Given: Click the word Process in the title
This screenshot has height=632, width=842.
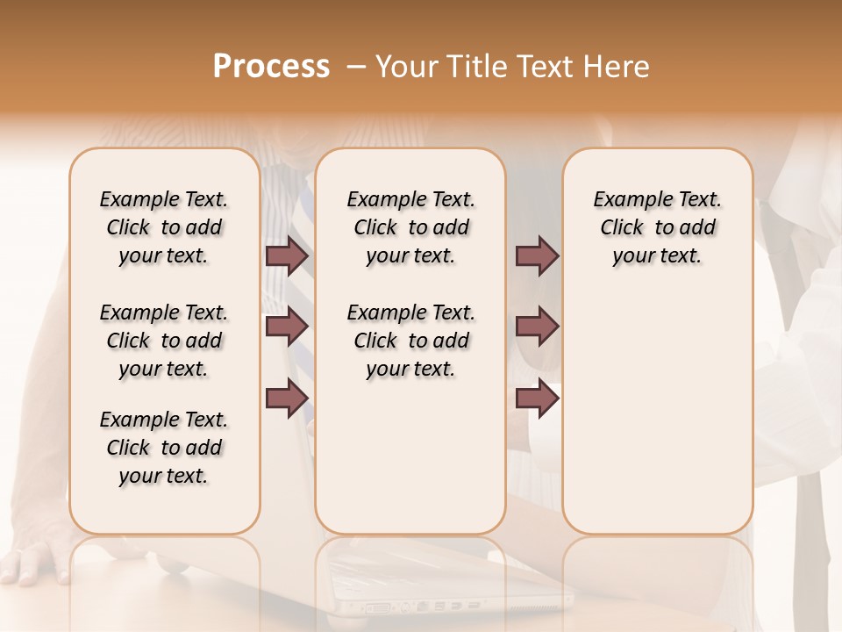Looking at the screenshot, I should coord(271,67).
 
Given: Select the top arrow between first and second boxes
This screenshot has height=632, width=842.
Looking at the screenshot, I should coord(287,255).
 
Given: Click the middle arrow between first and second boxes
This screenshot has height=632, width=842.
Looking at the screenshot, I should coord(287,327).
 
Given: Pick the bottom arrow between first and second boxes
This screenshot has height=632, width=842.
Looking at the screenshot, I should coord(287,399).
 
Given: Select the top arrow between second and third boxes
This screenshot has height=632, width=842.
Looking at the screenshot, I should coord(537,255).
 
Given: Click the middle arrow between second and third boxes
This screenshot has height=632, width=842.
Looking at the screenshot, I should coord(537,327).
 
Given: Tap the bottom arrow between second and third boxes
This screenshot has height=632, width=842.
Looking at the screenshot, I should coord(537,399).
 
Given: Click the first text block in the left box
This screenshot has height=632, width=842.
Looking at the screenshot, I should coord(164,227).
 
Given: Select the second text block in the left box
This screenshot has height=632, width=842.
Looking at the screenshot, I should coord(164,341).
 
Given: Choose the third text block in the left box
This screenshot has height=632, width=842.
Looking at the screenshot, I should coord(164,448).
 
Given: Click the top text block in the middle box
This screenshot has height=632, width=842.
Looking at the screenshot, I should coord(410,227).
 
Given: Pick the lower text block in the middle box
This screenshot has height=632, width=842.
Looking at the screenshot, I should coord(410,341).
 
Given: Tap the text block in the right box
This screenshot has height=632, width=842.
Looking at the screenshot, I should coord(657,227).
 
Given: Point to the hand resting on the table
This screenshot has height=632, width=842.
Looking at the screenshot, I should coord(35,562).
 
